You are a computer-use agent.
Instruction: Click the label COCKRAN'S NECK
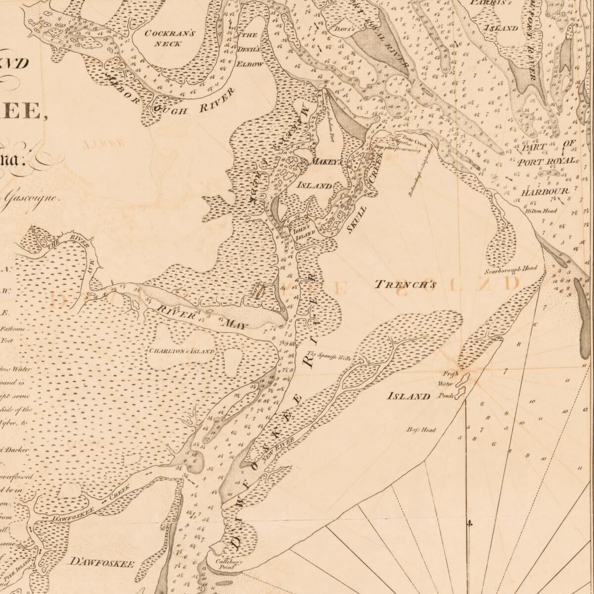coord(163,39)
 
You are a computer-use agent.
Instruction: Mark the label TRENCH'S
coord(404,285)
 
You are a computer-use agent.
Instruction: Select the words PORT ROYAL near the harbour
coord(546,161)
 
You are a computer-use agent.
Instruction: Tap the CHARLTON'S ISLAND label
coord(182,351)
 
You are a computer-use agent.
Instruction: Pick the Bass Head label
coord(421,430)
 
